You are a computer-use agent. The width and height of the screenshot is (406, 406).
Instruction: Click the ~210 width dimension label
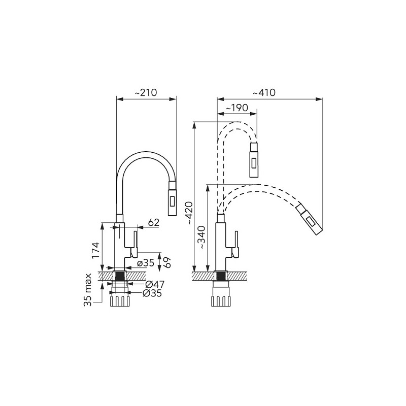(x=146, y=92)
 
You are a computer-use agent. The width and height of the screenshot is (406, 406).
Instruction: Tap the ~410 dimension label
(x=264, y=92)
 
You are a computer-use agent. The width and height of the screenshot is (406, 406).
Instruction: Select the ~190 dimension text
(x=237, y=108)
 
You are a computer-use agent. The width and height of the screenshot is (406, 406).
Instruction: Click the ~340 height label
(x=201, y=238)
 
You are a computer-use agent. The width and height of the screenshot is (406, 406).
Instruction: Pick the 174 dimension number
(x=95, y=250)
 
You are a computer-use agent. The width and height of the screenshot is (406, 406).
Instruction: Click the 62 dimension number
(x=154, y=222)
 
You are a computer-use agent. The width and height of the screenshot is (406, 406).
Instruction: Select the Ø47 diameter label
(x=155, y=285)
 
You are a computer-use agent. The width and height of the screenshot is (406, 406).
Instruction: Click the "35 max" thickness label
(x=88, y=290)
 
